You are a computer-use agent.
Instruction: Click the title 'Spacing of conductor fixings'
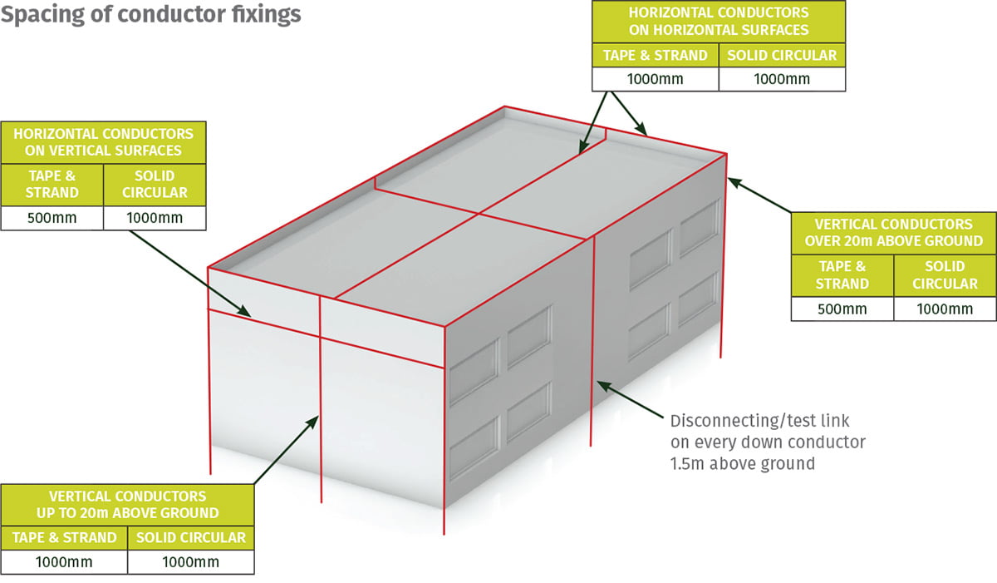[151, 15]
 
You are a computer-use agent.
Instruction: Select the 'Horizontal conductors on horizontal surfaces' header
[718, 22]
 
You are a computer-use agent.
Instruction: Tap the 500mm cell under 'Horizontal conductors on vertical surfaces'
[52, 218]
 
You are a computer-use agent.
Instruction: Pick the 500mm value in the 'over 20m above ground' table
[842, 309]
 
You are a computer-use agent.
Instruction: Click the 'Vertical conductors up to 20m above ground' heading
[127, 504]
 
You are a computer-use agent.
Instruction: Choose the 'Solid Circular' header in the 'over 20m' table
[945, 275]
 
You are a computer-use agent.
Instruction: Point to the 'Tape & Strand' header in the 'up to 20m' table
[65, 537]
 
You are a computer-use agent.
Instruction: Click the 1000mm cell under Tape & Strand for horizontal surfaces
[655, 79]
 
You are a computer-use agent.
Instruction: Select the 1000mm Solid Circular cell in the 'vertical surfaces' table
[155, 218]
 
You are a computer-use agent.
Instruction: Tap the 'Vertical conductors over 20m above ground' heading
[893, 232]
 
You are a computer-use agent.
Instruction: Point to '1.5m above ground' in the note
[742, 463]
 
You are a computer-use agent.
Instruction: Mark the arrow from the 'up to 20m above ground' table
[287, 449]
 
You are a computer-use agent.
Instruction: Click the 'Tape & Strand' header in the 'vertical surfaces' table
[52, 184]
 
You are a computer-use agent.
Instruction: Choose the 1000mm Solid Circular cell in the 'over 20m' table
[945, 309]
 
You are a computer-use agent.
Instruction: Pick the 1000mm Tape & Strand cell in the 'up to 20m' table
[65, 562]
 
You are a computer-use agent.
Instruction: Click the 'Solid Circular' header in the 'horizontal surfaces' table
[782, 56]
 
